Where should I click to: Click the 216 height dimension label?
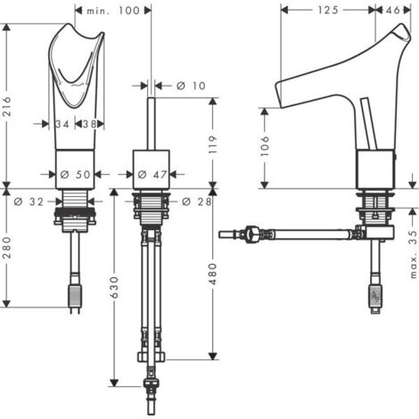tap(7, 106)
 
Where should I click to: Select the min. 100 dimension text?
tap(113, 11)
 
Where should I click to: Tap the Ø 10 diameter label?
tap(191, 86)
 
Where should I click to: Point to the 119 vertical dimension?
tap(213, 144)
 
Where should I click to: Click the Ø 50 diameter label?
tap(75, 175)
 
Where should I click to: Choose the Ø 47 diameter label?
tap(152, 175)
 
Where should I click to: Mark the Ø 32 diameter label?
tap(29, 201)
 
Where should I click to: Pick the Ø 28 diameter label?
tap(196, 201)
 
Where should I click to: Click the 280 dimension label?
tap(7, 248)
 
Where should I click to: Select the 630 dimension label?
tap(114, 287)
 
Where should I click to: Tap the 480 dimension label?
tap(213, 274)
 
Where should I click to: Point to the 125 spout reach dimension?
tap(328, 10)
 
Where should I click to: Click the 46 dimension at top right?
tap(393, 10)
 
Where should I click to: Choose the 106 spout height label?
tap(265, 146)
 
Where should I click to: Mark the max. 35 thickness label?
tap(413, 253)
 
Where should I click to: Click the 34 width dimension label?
tap(62, 124)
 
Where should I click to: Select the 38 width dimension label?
tap(89, 124)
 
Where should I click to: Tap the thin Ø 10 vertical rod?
tap(152, 124)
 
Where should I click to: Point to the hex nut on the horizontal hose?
tap(251, 234)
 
